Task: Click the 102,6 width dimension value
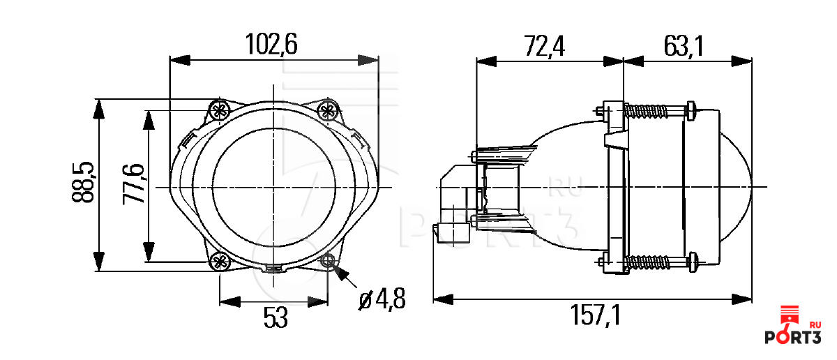tap(271, 45)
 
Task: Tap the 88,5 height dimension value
tap(83, 182)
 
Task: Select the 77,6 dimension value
tap(133, 184)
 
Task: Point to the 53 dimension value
tap(276, 317)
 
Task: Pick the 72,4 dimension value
tap(545, 46)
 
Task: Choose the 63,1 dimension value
tap(684, 46)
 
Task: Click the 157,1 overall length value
tap(595, 315)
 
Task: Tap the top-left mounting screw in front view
tap(220, 110)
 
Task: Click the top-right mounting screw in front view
tap(328, 110)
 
